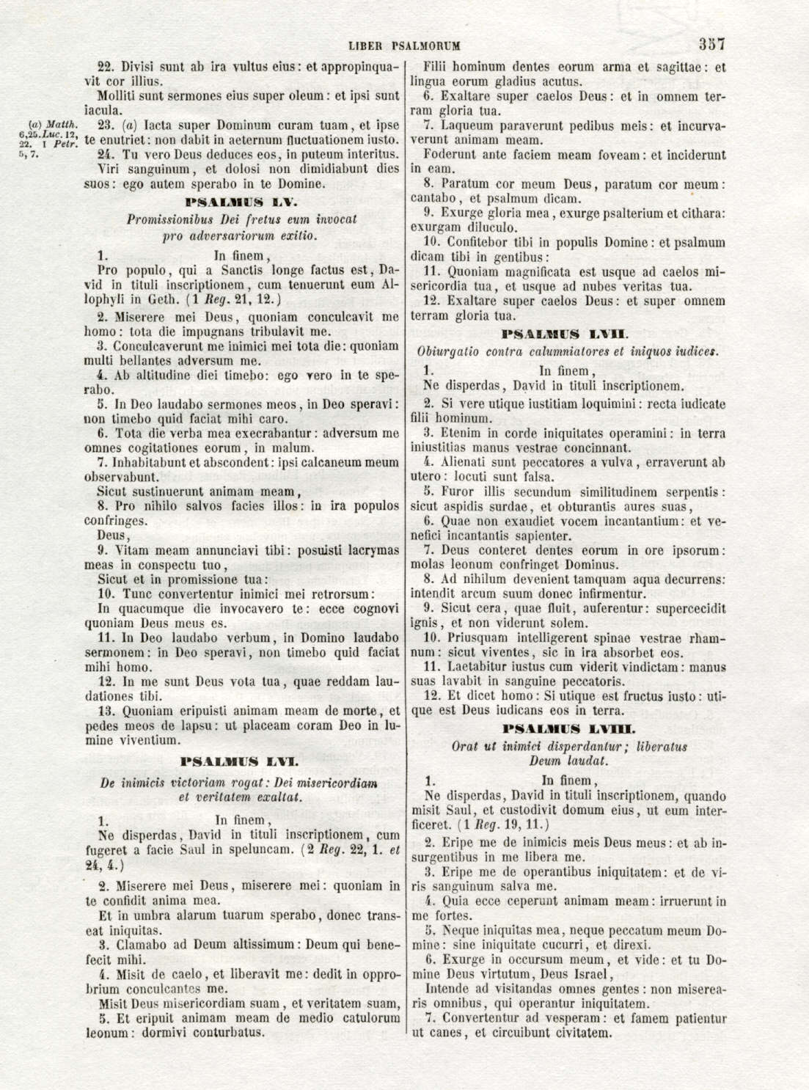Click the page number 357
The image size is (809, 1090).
point(711,43)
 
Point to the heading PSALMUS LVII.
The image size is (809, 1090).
point(567,334)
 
